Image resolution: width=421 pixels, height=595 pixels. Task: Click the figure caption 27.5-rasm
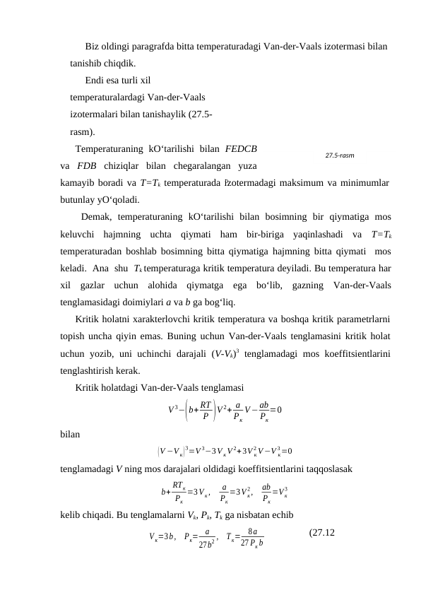click(340, 154)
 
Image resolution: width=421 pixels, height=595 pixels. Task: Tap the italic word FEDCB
click(241, 149)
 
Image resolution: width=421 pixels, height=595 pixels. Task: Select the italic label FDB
click(87, 166)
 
